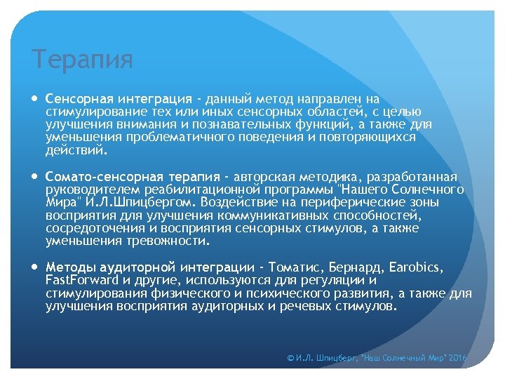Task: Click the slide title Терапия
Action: [x=82, y=60]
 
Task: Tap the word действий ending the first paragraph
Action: [x=76, y=149]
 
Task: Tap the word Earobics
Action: [x=418, y=267]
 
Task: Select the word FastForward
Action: [x=79, y=280]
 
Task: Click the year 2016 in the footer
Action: [x=457, y=358]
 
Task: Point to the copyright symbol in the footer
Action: [x=291, y=358]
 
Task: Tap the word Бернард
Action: [x=363, y=267]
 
